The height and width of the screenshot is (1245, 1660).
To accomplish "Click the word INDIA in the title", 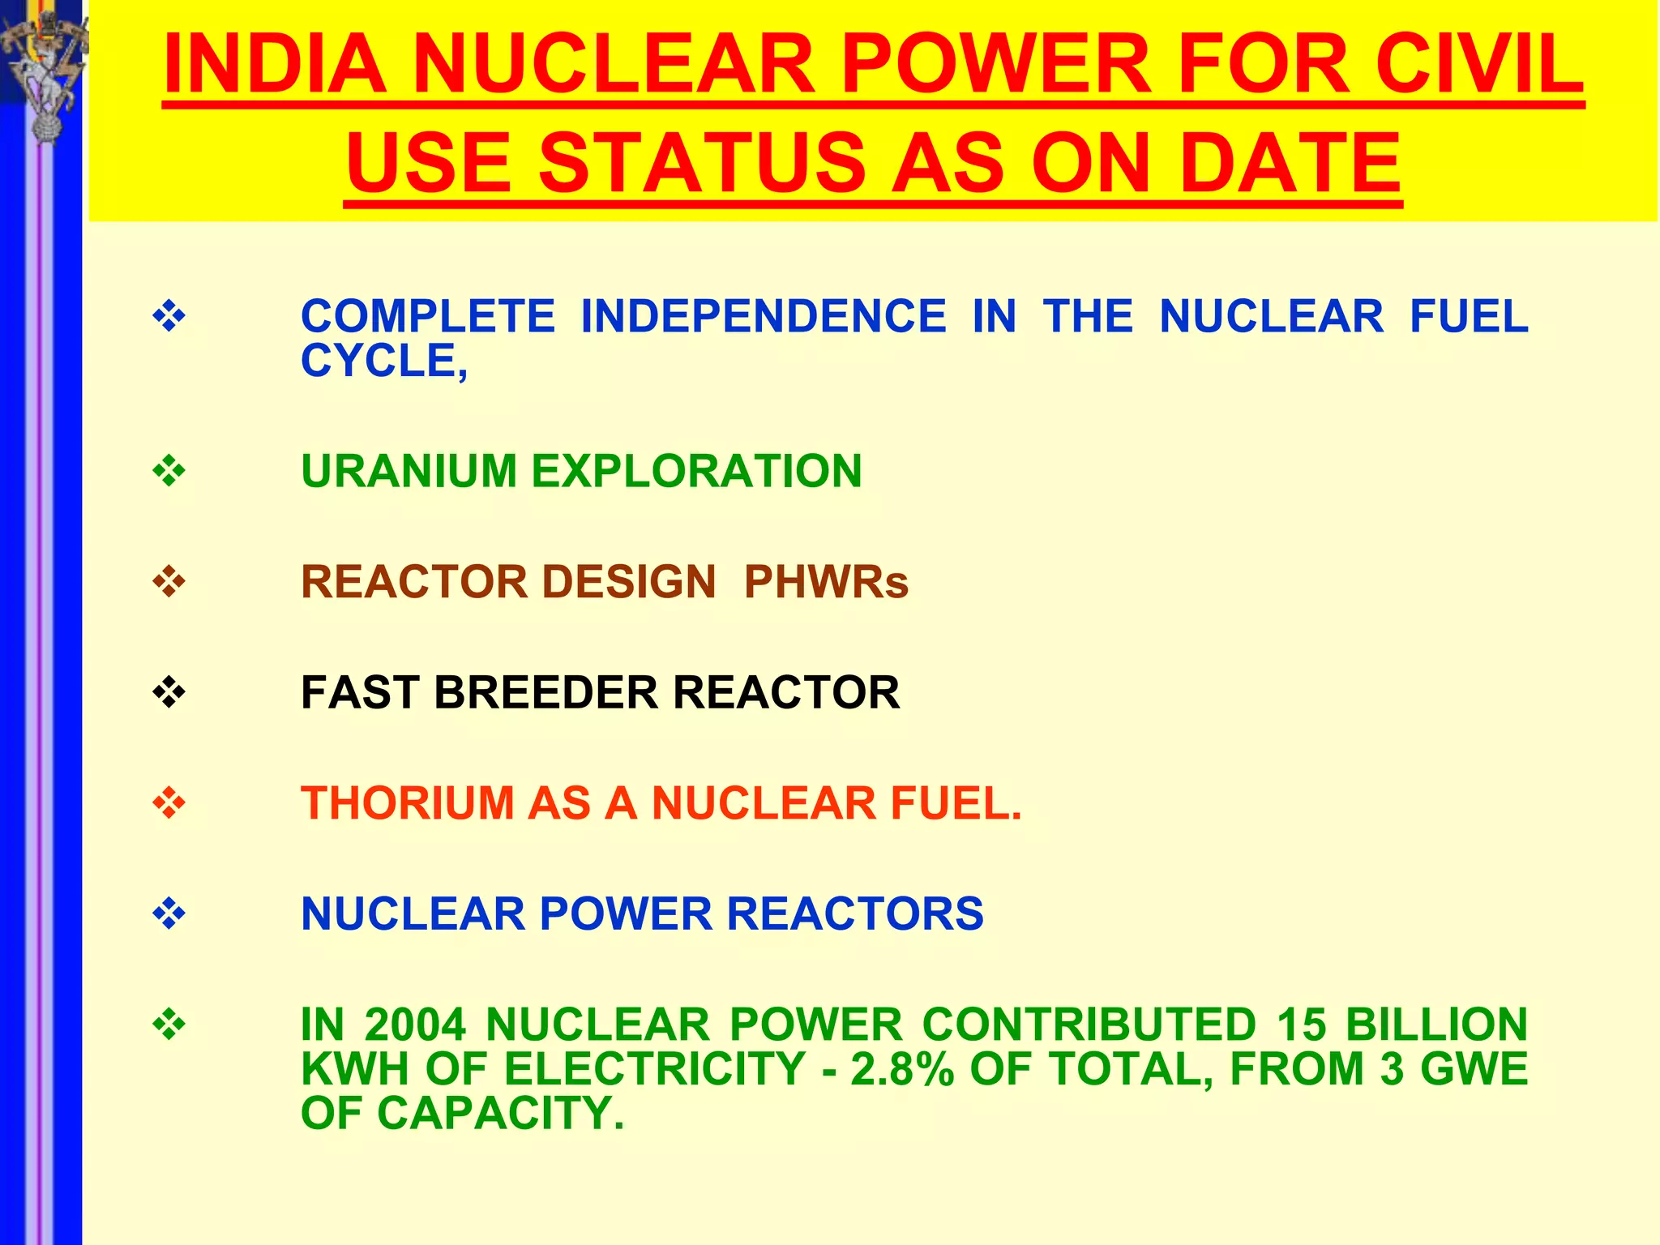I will pyautogui.click(x=275, y=65).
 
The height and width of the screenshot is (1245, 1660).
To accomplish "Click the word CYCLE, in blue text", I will pyautogui.click(x=384, y=361).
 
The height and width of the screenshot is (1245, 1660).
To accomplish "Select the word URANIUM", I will pyautogui.click(x=409, y=471).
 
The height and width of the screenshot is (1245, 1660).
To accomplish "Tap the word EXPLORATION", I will pyautogui.click(x=696, y=471).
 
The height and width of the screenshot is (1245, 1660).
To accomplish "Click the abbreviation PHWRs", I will pyautogui.click(x=826, y=582).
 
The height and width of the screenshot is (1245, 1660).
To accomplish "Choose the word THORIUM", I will pyautogui.click(x=408, y=803).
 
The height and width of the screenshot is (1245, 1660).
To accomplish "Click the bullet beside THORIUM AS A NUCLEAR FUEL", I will pyautogui.click(x=169, y=803).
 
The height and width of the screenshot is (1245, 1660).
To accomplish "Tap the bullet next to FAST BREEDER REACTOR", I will pyautogui.click(x=169, y=692).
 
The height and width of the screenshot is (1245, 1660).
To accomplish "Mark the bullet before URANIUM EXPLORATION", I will pyautogui.click(x=169, y=471).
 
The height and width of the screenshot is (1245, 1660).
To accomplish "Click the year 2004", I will pyautogui.click(x=415, y=1025).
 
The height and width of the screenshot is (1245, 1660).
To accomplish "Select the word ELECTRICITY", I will pyautogui.click(x=655, y=1069).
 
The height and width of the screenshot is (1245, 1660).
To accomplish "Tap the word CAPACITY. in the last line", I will pyautogui.click(x=500, y=1113).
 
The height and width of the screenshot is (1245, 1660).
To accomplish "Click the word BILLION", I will pyautogui.click(x=1436, y=1025).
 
